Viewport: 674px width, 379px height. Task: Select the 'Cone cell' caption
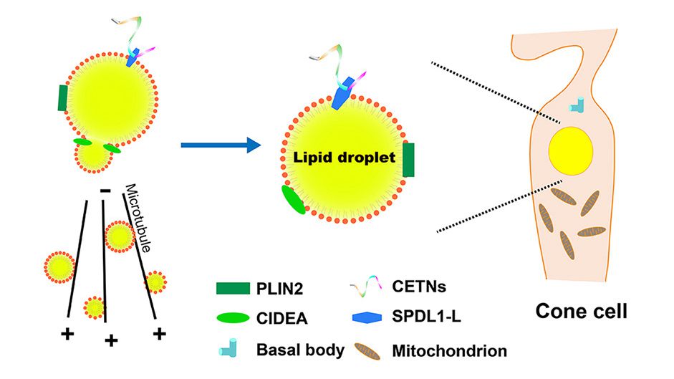[x=582, y=312]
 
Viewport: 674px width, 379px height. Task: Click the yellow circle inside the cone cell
[x=570, y=150]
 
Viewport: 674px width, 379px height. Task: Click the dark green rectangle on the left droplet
[x=63, y=98]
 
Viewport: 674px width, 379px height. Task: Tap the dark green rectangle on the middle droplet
[x=408, y=159]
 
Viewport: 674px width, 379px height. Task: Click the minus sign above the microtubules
[x=105, y=191]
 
